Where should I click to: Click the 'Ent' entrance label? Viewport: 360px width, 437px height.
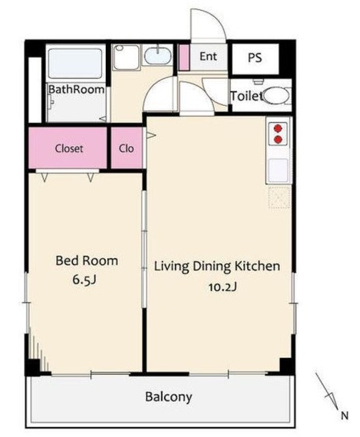208,56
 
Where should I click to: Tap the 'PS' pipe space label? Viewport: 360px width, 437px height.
255,57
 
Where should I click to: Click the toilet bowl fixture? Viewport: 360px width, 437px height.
276,96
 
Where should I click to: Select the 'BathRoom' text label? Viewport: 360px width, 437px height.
77,89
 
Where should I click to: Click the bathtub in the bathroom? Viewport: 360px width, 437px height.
75,64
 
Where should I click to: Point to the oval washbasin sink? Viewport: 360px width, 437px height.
158,55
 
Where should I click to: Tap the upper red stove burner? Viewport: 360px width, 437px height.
278,128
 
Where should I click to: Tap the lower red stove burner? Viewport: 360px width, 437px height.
278,139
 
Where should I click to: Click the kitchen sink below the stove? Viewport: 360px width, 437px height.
278,170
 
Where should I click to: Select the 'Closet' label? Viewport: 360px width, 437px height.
69,148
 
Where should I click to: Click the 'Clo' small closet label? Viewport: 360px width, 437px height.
126,148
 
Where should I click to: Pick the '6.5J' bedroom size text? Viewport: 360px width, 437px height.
84,280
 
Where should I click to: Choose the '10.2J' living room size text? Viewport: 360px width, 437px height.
223,287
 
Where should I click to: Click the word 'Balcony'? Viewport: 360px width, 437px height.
169,397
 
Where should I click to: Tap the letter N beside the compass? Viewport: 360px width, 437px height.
345,416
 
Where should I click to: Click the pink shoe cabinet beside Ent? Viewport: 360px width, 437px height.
184,57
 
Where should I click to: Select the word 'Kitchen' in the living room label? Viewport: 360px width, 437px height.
257,266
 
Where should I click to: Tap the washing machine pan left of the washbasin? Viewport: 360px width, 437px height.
126,57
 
